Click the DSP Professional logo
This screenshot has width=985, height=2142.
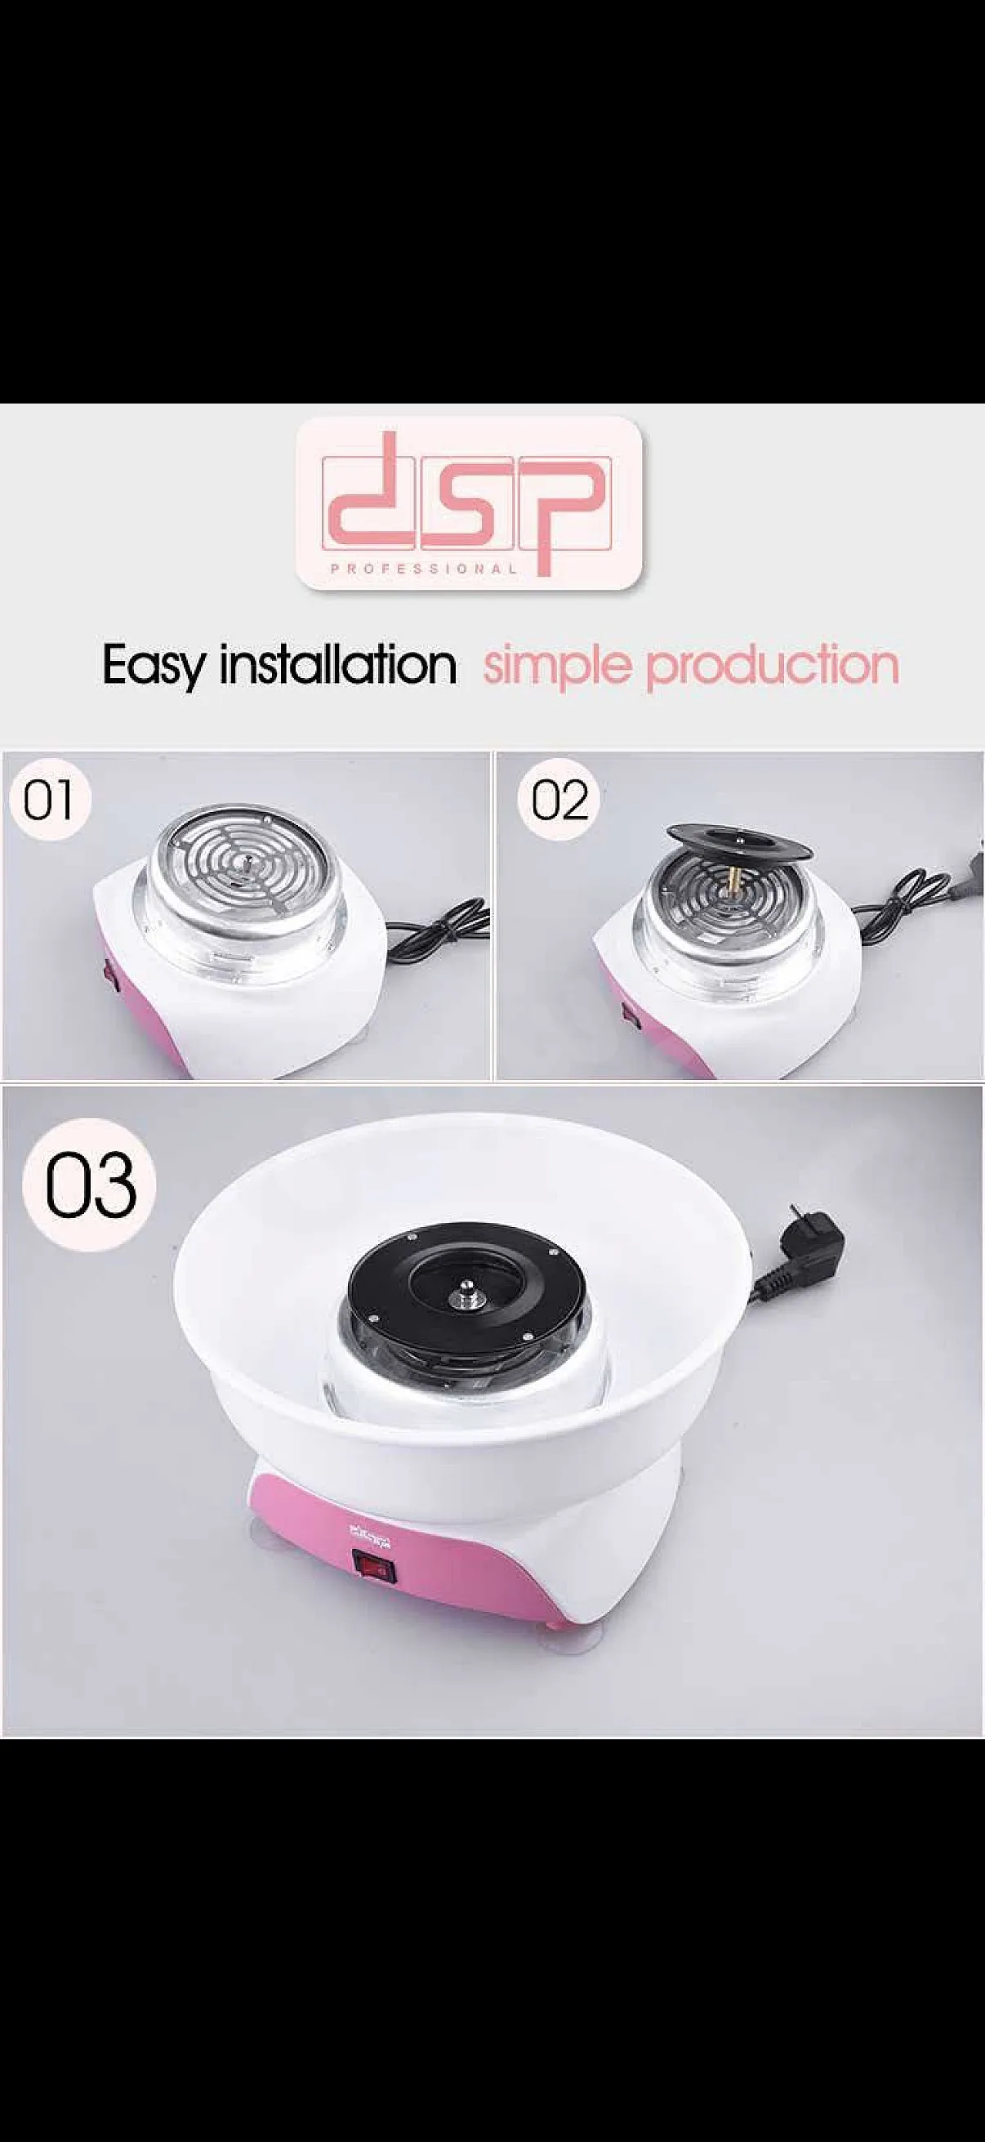click(470, 503)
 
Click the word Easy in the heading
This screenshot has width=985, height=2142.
click(152, 666)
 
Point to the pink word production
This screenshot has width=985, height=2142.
click(773, 666)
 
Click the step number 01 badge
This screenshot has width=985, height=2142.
click(48, 799)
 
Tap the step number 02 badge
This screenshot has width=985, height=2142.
click(559, 799)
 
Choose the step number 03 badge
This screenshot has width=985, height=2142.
click(90, 1184)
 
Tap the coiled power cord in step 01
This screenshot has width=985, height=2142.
click(440, 923)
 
